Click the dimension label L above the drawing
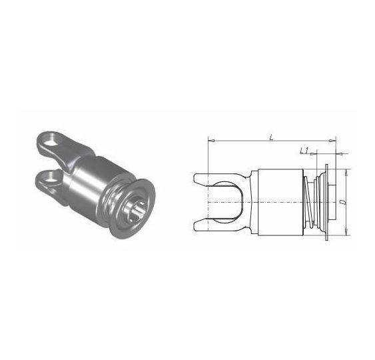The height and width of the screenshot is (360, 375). [x=271, y=137]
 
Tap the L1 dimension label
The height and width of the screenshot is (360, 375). [x=304, y=151]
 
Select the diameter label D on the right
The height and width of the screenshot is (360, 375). [x=343, y=202]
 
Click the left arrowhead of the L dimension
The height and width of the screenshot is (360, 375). [x=211, y=141]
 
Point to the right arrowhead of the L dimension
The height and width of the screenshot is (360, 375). [x=333, y=141]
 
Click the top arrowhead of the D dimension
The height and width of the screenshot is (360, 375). [x=346, y=173]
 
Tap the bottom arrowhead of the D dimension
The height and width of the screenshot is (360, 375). [x=346, y=232]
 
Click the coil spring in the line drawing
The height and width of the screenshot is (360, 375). [x=308, y=202]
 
